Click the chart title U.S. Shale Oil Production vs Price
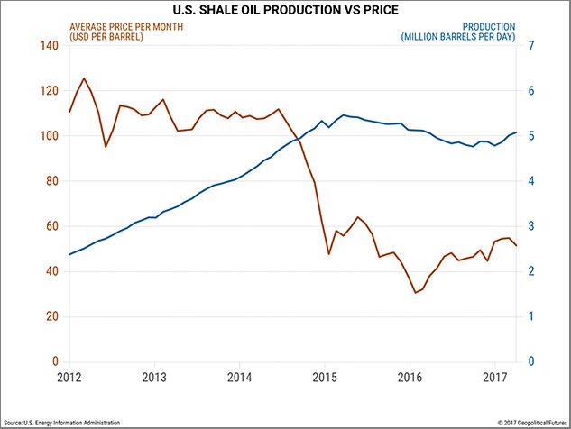(286, 10)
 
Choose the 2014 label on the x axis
(240, 375)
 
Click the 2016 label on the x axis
(410, 375)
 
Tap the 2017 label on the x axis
(495, 375)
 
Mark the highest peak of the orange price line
(84, 78)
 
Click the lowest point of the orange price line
(415, 292)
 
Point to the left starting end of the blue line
(69, 254)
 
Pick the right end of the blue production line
(516, 132)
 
